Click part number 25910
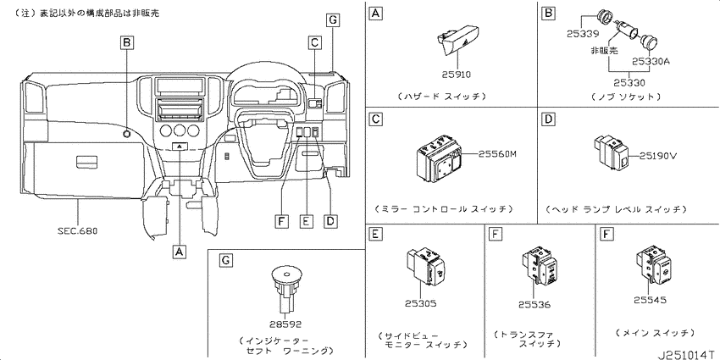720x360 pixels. (457, 74)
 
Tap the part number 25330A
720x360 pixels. (651, 61)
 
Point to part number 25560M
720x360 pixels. (498, 154)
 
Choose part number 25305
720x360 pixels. (421, 303)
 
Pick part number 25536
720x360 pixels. (534, 304)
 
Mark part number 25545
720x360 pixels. (650, 300)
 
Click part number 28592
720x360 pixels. (285, 324)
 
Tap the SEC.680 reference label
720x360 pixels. (78, 231)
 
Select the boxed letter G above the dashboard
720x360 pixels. (333, 19)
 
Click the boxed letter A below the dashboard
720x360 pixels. (180, 252)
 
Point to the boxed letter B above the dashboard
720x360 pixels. (127, 43)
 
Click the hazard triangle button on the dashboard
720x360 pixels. (180, 147)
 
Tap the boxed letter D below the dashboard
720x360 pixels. (330, 221)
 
